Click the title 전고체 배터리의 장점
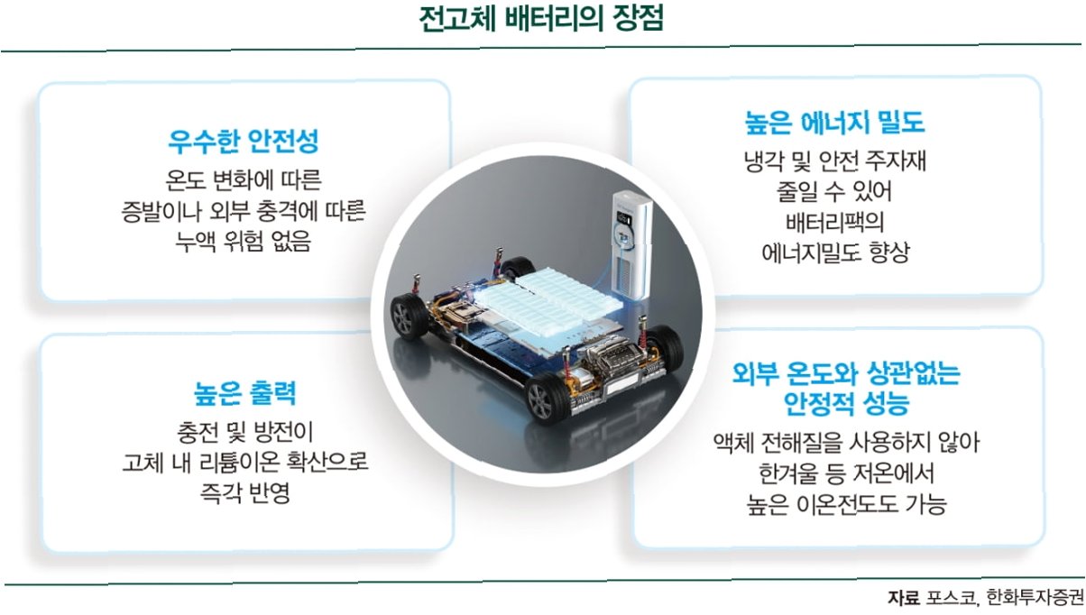pos(542,20)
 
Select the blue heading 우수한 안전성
pos(244,141)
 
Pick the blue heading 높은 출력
pos(244,393)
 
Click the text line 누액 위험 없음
pos(244,241)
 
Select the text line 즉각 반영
pos(244,493)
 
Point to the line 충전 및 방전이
pos(244,432)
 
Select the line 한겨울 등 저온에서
pos(837,473)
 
